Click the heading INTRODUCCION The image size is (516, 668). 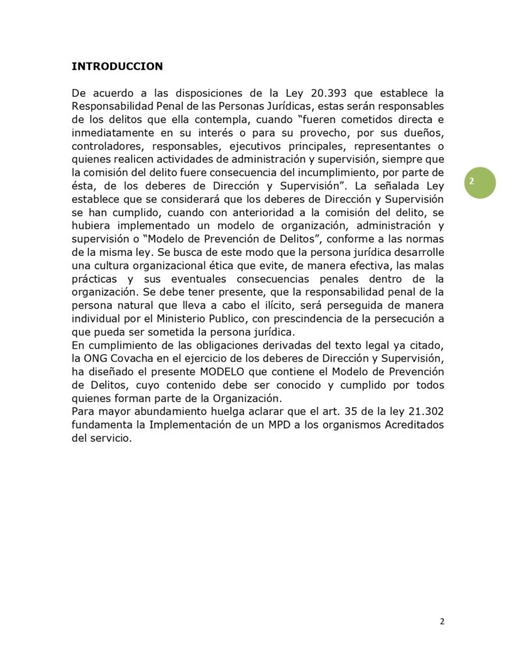(117, 67)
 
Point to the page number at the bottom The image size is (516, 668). (442, 621)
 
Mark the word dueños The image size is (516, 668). (424, 132)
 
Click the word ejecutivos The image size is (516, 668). (264, 146)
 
